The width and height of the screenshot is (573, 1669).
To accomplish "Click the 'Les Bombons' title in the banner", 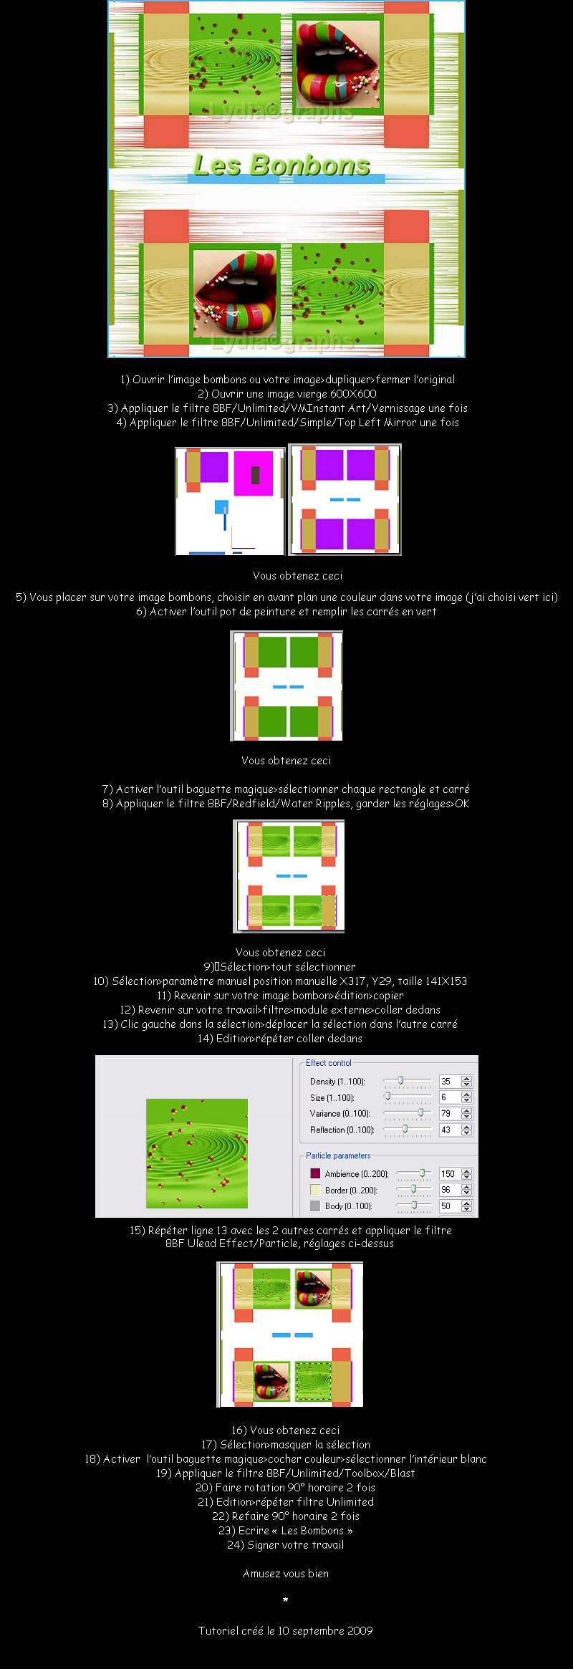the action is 281,165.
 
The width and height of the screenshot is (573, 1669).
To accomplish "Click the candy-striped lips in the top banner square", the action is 337,63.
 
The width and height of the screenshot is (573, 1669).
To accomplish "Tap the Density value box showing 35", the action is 449,1082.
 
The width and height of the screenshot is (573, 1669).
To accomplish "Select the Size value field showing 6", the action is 449,1097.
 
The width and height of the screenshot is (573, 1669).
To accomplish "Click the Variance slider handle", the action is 421,1112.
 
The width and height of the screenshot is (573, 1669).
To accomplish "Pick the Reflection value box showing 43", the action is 449,1130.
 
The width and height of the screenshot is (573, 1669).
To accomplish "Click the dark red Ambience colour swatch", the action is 314,1173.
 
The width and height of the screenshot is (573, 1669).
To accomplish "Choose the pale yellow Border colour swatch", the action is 314,1190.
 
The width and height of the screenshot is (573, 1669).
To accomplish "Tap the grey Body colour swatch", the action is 314,1206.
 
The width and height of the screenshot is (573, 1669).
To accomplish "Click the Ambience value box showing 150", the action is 449,1174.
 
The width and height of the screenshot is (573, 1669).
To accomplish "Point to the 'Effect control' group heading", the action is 329,1063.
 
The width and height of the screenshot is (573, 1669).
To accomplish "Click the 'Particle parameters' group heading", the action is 338,1155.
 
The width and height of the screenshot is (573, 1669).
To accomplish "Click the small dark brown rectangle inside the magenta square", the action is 255,475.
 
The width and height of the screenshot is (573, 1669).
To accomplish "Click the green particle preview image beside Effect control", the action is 197,1153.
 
